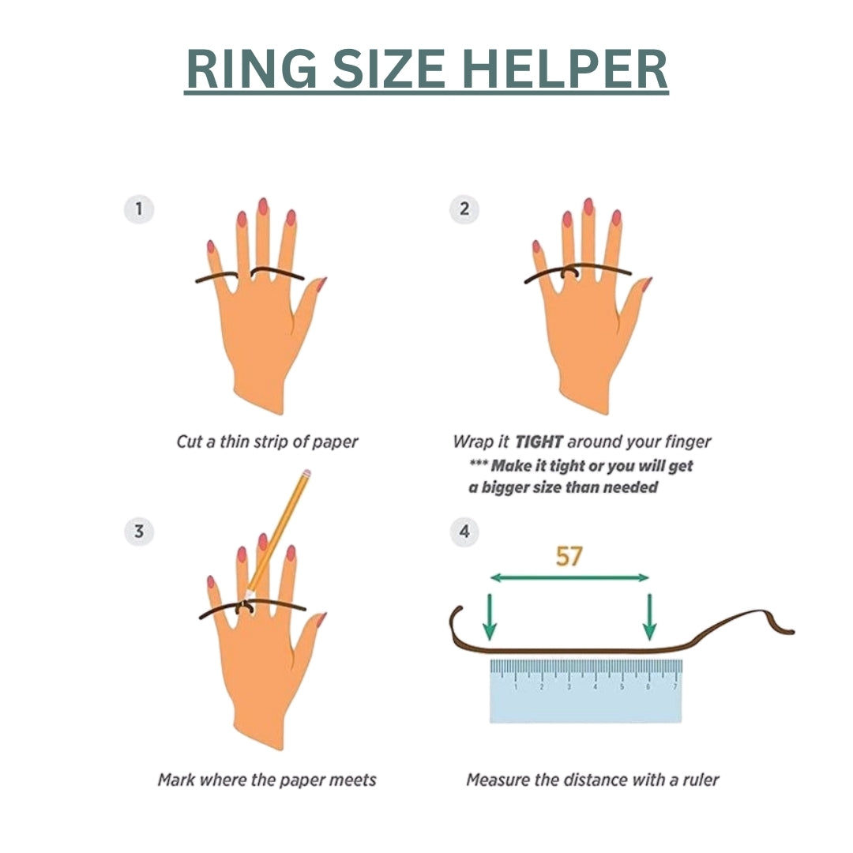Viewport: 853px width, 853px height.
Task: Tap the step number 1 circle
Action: click(139, 209)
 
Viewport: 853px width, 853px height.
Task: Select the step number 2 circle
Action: click(464, 209)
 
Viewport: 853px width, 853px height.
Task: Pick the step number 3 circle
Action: click(139, 531)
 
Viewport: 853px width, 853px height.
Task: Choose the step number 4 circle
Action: click(464, 531)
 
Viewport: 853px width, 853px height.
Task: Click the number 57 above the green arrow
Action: click(569, 556)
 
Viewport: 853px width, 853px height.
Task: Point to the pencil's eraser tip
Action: click(306, 473)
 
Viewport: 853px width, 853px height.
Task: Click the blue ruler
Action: click(586, 691)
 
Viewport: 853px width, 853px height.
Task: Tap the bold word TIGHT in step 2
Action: click(539, 442)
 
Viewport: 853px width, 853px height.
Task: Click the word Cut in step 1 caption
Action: click(189, 442)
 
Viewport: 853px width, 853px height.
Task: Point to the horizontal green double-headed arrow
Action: click(569, 577)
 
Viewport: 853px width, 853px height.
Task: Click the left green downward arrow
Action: click(490, 617)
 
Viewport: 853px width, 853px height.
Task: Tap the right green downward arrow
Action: click(649, 617)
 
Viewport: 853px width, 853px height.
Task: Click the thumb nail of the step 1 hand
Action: click(321, 284)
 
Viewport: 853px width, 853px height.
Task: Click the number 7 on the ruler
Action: click(675, 687)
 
